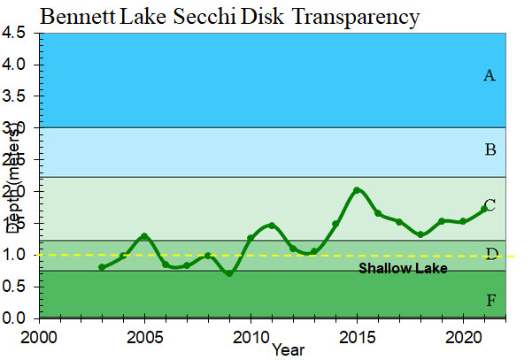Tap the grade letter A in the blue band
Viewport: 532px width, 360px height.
(x=489, y=76)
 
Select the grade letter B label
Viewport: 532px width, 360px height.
(x=490, y=149)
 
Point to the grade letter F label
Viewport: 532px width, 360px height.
(x=490, y=301)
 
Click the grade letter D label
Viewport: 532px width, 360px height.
(x=490, y=255)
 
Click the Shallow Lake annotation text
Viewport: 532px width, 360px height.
(x=403, y=268)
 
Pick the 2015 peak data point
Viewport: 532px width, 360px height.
(x=357, y=190)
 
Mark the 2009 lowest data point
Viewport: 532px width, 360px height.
(x=229, y=273)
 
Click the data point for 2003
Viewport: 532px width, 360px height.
(x=102, y=267)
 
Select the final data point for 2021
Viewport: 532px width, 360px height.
(x=483, y=209)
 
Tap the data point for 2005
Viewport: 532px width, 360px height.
(x=144, y=236)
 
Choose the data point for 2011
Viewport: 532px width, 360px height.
(x=272, y=225)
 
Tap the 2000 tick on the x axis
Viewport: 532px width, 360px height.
(x=39, y=337)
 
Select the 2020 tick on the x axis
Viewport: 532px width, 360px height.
(x=462, y=337)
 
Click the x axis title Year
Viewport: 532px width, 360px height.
(x=289, y=349)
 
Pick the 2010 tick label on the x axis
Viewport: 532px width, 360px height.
(x=251, y=337)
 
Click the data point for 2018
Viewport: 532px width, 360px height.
(x=420, y=234)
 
